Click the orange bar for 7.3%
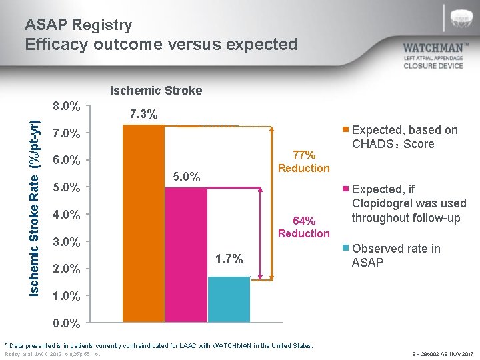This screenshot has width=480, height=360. pos(143,223)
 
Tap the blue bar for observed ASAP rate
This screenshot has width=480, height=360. pos(228,299)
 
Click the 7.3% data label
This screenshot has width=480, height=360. pos(143,114)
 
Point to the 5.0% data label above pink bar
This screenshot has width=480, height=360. pos(186,177)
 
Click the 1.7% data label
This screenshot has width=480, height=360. pos(229,258)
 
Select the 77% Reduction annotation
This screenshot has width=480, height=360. pos(303,161)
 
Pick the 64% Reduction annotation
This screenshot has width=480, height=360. pos(303,227)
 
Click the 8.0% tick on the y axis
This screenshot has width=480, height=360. pos(67,106)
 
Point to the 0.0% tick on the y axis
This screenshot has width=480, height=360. pos(67,325)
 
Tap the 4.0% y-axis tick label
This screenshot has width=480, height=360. pos(67,215)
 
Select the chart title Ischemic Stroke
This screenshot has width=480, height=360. pos(155,91)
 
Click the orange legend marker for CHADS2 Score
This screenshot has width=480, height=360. pos(345,130)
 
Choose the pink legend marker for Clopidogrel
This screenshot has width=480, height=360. pos(345,189)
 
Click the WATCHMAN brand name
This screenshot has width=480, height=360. pos(437,48)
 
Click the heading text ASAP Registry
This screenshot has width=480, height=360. pos(79,25)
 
